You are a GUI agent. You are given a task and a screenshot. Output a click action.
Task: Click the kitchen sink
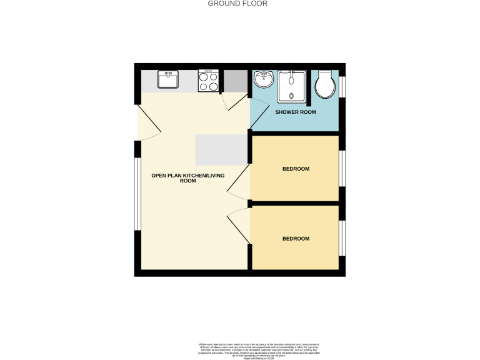[167, 81]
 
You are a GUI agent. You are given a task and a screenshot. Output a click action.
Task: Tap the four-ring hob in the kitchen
[209, 81]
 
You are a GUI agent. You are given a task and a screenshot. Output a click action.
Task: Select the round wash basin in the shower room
[264, 79]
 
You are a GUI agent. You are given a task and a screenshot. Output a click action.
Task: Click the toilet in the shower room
[326, 86]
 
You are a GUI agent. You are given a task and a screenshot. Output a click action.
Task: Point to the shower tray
[292, 86]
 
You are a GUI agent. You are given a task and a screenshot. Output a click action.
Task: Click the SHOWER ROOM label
[296, 112]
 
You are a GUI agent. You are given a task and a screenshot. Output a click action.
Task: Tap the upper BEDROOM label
[296, 169]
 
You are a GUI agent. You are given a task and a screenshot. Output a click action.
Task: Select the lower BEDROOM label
[296, 239]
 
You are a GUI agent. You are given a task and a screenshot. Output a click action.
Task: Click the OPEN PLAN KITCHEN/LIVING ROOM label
[187, 178]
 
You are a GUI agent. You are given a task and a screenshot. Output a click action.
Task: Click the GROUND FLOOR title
[237, 4]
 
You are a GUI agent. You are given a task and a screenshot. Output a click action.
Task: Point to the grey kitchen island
[222, 150]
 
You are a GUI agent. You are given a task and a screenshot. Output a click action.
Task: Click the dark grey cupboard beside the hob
[236, 81]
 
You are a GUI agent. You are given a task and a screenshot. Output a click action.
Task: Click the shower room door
[236, 102]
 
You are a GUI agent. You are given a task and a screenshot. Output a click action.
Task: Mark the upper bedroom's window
[342, 169]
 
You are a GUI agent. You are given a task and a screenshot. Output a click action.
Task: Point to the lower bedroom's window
[342, 238]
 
